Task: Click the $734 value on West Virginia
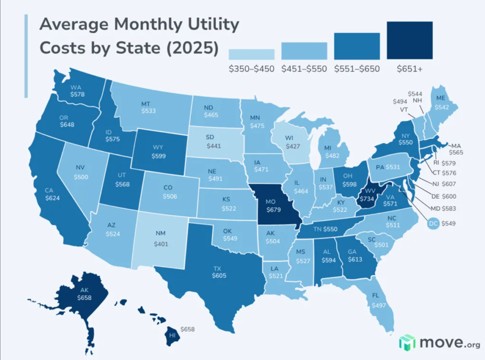tap(367, 199)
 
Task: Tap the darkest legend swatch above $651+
tap(409, 40)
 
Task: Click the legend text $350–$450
tap(251, 69)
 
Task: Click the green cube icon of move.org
tap(407, 343)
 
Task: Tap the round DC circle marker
tap(433, 223)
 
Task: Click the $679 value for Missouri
tap(274, 210)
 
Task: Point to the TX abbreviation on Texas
tap(217, 269)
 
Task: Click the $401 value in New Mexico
tap(161, 244)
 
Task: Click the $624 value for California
tap(52, 198)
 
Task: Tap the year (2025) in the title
tap(192, 48)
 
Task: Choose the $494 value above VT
tap(400, 101)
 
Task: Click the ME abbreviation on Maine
tap(441, 98)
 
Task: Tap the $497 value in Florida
tap(379, 305)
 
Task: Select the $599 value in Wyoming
tap(158, 156)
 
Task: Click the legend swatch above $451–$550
tap(304, 51)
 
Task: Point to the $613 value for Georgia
tap(355, 259)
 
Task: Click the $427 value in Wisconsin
tap(293, 146)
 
